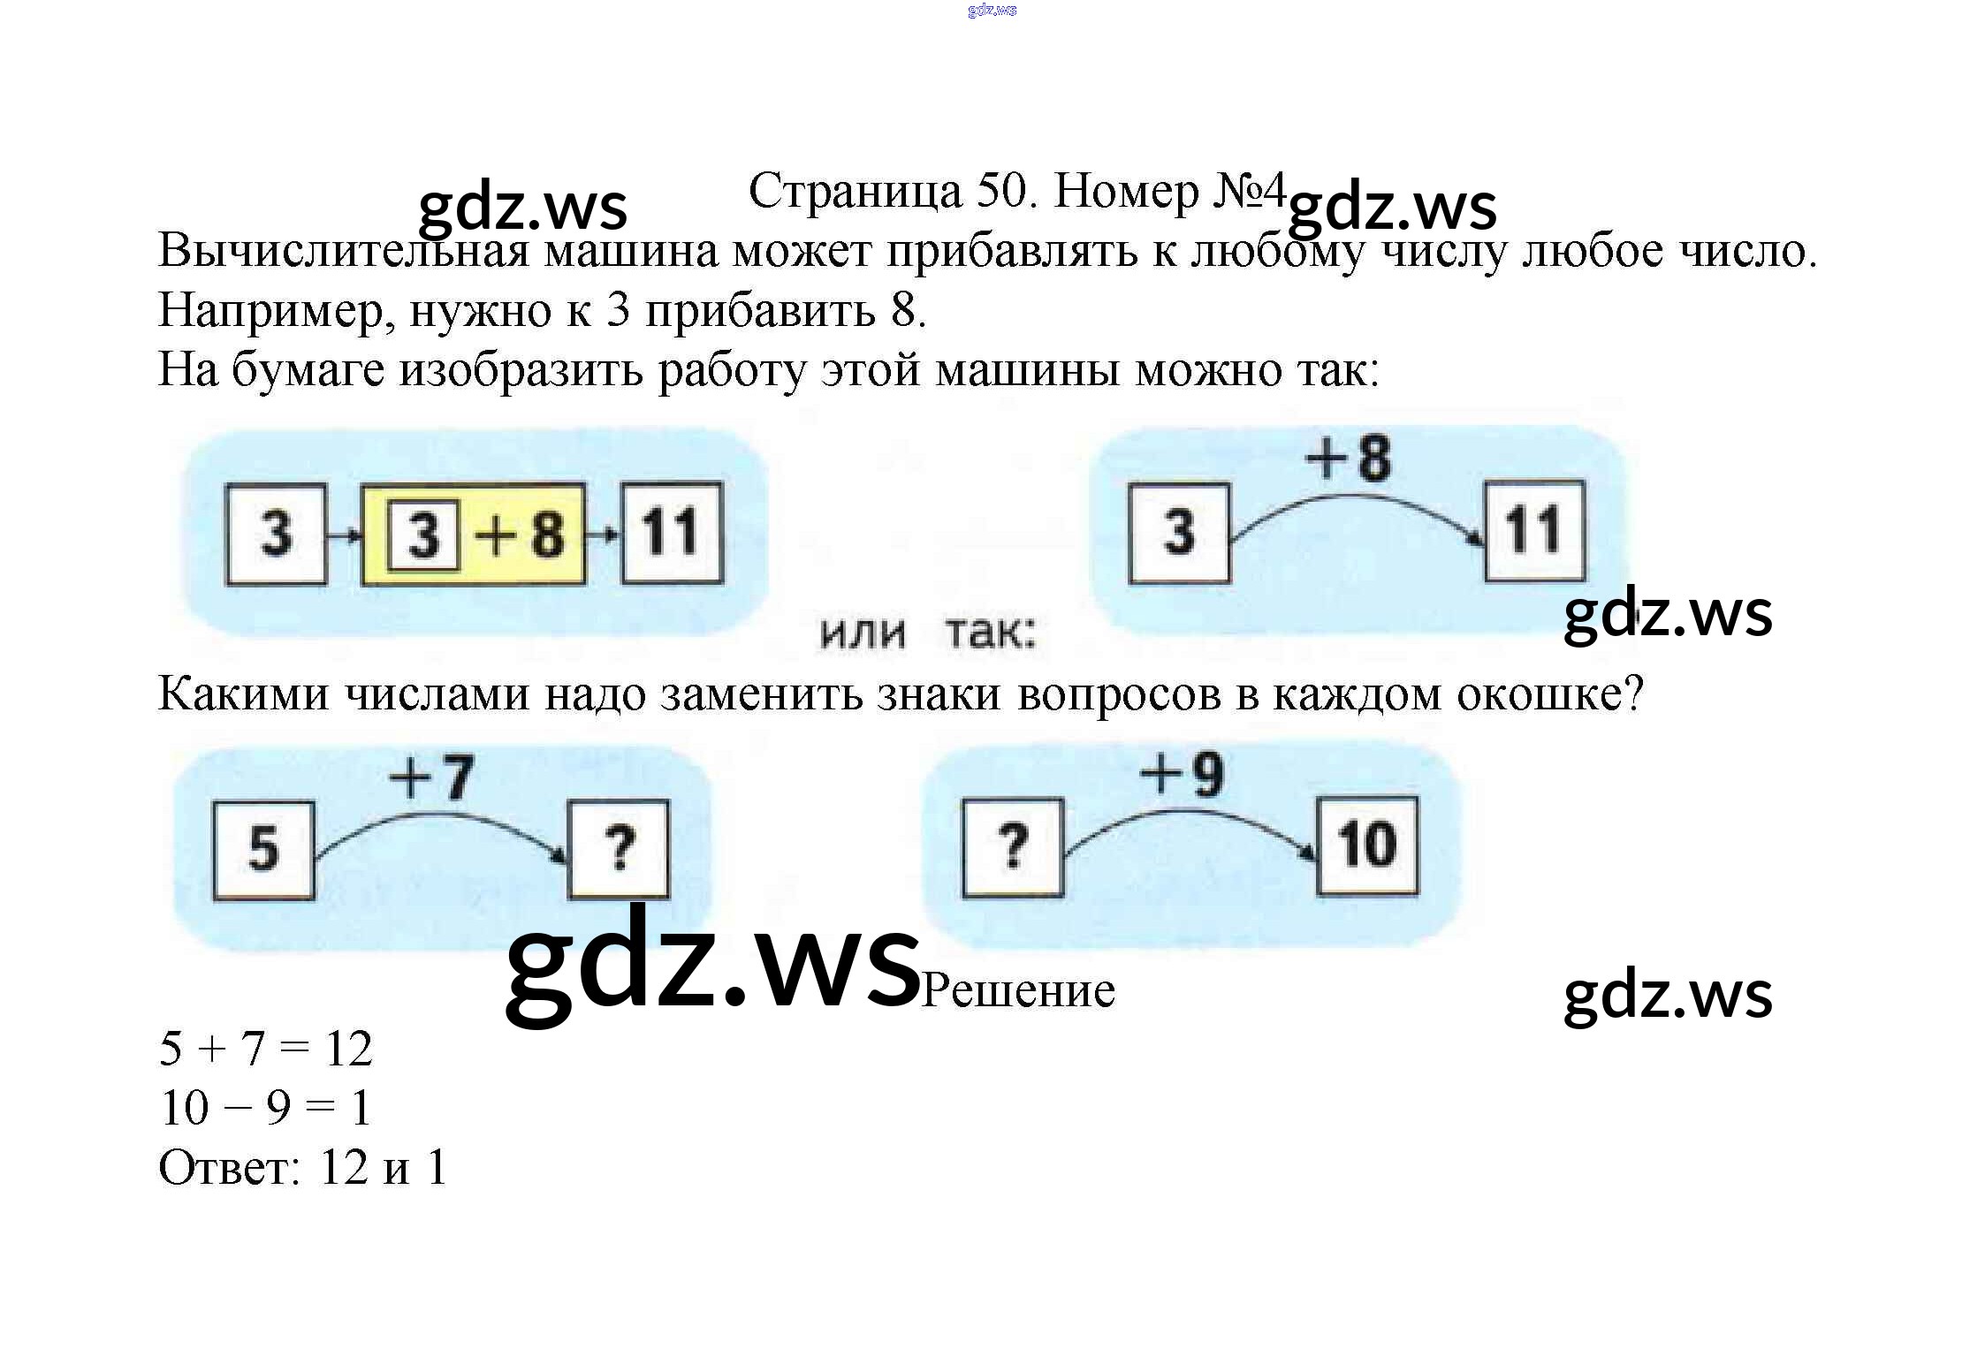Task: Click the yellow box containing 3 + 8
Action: pyautogui.click(x=474, y=534)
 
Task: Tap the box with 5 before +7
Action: pyautogui.click(x=263, y=850)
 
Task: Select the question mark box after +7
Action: pyautogui.click(x=618, y=849)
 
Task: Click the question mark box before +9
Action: pyautogui.click(x=1012, y=847)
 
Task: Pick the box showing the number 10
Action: pyautogui.click(x=1367, y=845)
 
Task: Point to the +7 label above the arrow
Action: pyautogui.click(x=431, y=777)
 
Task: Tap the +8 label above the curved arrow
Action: pyautogui.click(x=1348, y=459)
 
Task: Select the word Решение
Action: pyautogui.click(x=1018, y=990)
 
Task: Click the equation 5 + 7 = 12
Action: pyautogui.click(x=265, y=1050)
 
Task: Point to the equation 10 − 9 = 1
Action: pyautogui.click(x=265, y=1108)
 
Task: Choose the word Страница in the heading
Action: pyautogui.click(x=855, y=191)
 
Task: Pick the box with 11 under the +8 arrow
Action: pyautogui.click(x=1533, y=531)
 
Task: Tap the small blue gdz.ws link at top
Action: pyautogui.click(x=992, y=11)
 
